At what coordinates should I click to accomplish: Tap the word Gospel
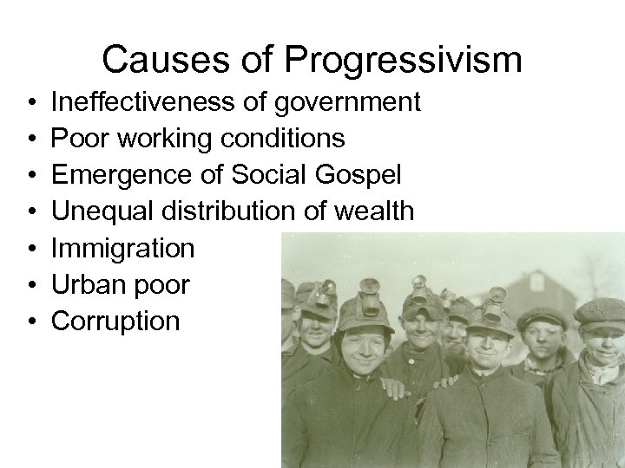point(359,176)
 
